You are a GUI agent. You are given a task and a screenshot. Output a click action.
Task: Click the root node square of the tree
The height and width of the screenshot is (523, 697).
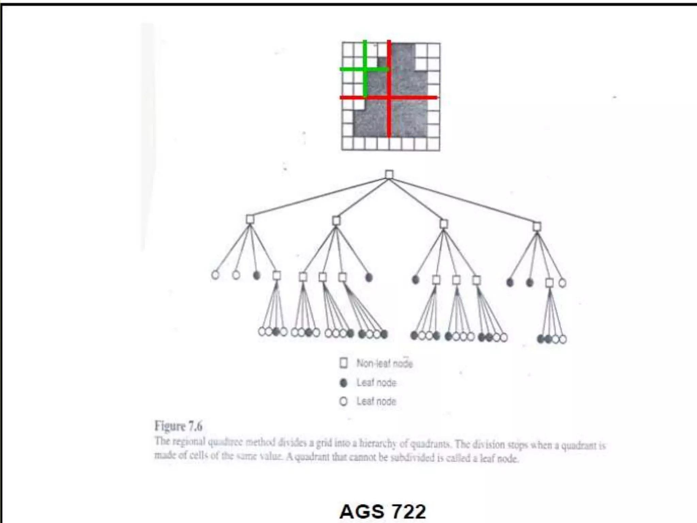click(389, 175)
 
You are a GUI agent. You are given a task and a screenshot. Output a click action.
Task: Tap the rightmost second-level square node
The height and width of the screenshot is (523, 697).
click(537, 227)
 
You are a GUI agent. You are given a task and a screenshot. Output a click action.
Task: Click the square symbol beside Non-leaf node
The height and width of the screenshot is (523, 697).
click(343, 363)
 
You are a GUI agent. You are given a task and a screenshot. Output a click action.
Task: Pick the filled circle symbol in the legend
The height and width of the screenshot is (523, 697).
click(343, 383)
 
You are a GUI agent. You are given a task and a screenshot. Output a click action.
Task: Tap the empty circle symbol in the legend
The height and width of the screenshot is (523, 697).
click(343, 402)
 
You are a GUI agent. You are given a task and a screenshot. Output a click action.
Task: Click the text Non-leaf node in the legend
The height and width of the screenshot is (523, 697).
click(384, 364)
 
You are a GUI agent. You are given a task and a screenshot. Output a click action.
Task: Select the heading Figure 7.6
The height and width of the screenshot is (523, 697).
click(178, 426)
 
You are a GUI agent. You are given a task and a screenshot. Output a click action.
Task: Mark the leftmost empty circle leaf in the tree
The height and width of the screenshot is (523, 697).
click(215, 275)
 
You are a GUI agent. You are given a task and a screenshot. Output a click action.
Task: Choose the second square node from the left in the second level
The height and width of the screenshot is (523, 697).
click(336, 221)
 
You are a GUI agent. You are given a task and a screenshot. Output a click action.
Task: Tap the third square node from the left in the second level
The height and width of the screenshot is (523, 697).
click(443, 224)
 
